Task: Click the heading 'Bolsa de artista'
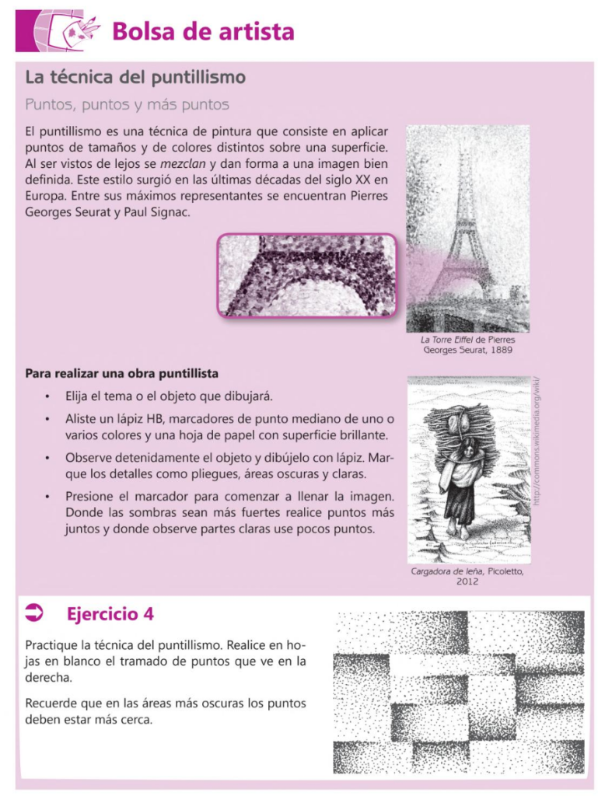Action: pyautogui.click(x=203, y=32)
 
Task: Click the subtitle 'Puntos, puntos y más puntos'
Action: pyautogui.click(x=127, y=104)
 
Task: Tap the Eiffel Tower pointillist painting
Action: pyautogui.click(x=467, y=229)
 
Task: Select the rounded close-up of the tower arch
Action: pyautogui.click(x=306, y=275)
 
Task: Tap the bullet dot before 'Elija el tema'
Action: pyautogui.click(x=48, y=397)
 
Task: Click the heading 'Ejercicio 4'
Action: pyautogui.click(x=110, y=614)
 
